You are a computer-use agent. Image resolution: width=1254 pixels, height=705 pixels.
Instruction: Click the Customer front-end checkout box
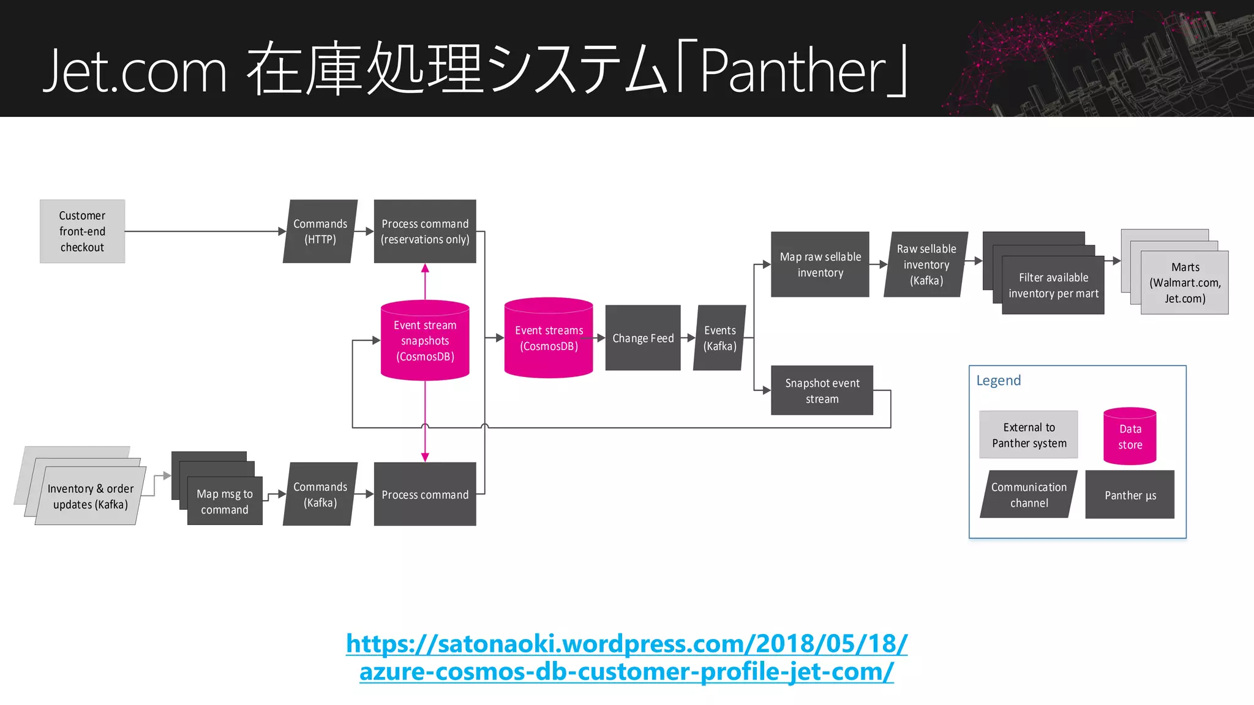(x=82, y=231)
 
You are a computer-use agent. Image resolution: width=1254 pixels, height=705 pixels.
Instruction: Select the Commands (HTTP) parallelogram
(x=320, y=231)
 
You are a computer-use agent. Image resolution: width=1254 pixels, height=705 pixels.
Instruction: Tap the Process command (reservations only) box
(x=425, y=231)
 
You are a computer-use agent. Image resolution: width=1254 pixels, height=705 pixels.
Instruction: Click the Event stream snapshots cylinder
(x=425, y=340)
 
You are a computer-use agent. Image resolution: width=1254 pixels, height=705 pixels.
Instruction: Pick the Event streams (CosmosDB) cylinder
(x=549, y=338)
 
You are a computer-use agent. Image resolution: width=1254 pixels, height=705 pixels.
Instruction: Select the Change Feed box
(x=643, y=338)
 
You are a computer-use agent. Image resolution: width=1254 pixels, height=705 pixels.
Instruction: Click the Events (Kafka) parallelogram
(x=719, y=338)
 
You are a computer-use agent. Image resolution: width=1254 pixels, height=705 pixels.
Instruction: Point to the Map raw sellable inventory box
(x=820, y=264)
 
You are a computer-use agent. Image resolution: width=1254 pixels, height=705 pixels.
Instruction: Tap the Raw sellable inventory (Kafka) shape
(x=926, y=264)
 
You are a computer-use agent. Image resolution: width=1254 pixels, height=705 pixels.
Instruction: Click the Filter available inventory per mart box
(x=1053, y=285)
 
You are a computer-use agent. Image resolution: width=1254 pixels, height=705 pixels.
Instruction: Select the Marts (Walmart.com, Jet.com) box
(x=1185, y=283)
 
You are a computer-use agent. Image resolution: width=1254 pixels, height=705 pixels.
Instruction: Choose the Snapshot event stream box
(x=822, y=390)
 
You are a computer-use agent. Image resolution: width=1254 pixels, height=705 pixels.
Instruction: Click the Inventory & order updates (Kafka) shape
(x=90, y=496)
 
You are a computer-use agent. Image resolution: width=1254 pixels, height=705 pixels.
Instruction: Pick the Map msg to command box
(x=225, y=501)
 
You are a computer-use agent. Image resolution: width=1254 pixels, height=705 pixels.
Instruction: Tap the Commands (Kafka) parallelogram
(x=320, y=494)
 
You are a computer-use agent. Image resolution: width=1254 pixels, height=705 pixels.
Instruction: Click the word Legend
(x=998, y=381)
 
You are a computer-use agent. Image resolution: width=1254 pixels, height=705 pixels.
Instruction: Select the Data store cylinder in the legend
(x=1130, y=436)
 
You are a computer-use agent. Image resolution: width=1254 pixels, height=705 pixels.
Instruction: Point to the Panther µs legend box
(x=1130, y=495)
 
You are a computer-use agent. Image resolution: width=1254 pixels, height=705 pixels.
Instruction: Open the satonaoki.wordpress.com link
(x=626, y=657)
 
